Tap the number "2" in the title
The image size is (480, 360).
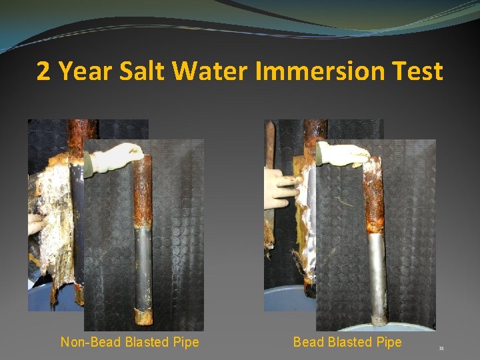click(43, 70)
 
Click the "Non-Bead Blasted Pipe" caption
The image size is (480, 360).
click(129, 342)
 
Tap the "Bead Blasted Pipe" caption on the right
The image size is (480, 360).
click(347, 342)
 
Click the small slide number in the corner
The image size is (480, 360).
click(441, 348)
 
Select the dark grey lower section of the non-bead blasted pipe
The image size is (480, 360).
click(142, 267)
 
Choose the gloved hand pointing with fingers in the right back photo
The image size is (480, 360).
click(279, 187)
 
